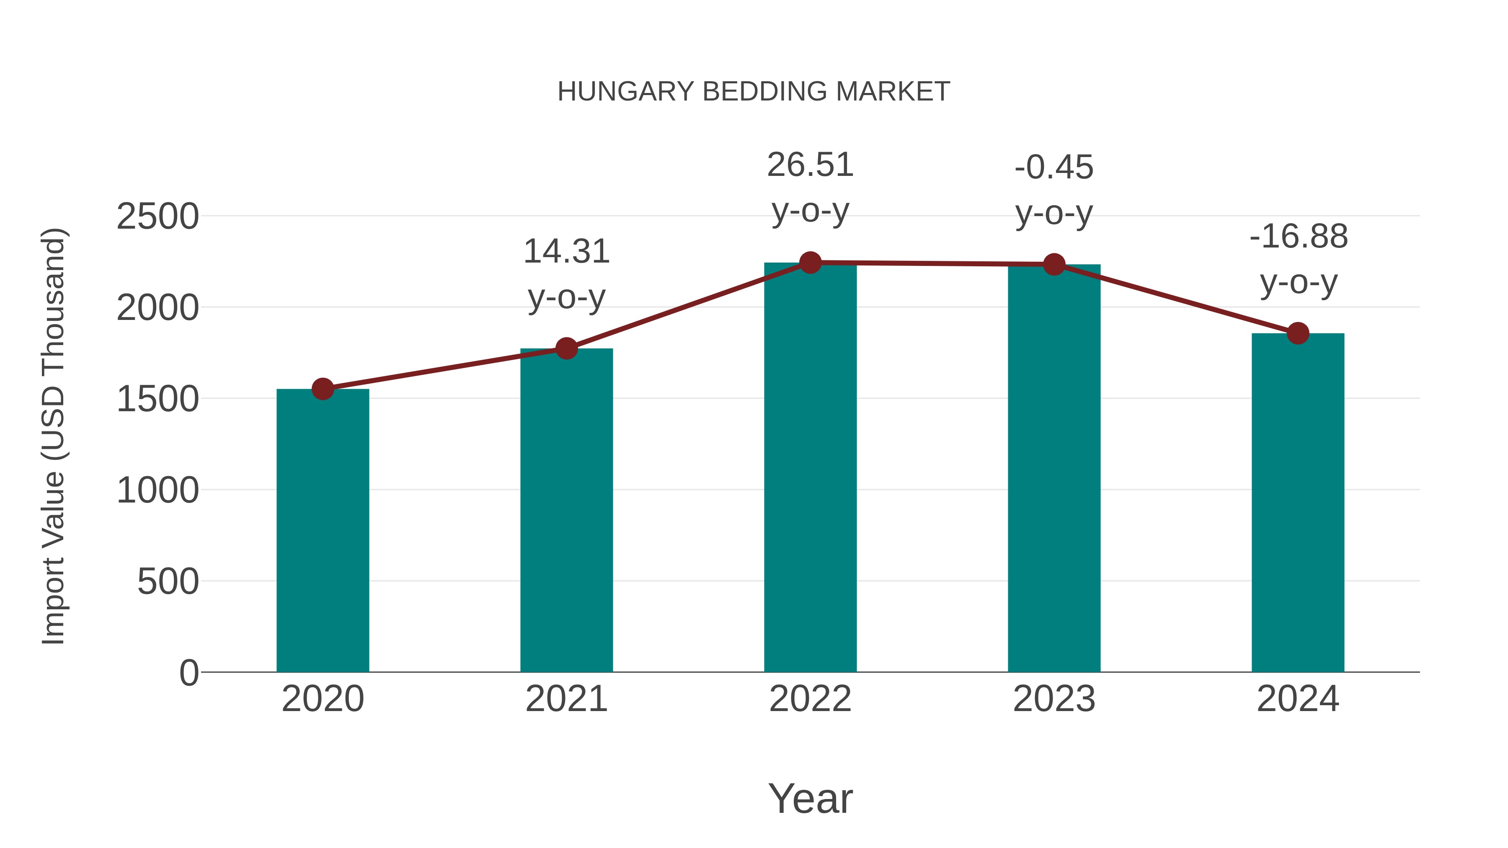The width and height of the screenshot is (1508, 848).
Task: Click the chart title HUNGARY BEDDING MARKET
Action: click(754, 92)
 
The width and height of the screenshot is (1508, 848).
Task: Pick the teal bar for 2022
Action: click(810, 468)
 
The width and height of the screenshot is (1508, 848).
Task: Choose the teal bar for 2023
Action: click(1054, 468)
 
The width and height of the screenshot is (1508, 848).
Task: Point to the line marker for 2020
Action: click(323, 389)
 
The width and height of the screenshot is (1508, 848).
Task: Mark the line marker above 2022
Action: click(810, 263)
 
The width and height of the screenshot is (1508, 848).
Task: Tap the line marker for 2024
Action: click(1298, 333)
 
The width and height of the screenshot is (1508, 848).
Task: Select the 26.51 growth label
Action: click(810, 187)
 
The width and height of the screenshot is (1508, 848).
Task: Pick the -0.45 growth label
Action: click(1054, 190)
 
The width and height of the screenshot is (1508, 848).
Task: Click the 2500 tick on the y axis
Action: click(158, 217)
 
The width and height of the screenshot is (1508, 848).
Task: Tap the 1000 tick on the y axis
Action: click(158, 490)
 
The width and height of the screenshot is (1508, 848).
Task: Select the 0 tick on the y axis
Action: click(188, 673)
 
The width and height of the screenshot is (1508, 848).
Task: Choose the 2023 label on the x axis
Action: click(1054, 699)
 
